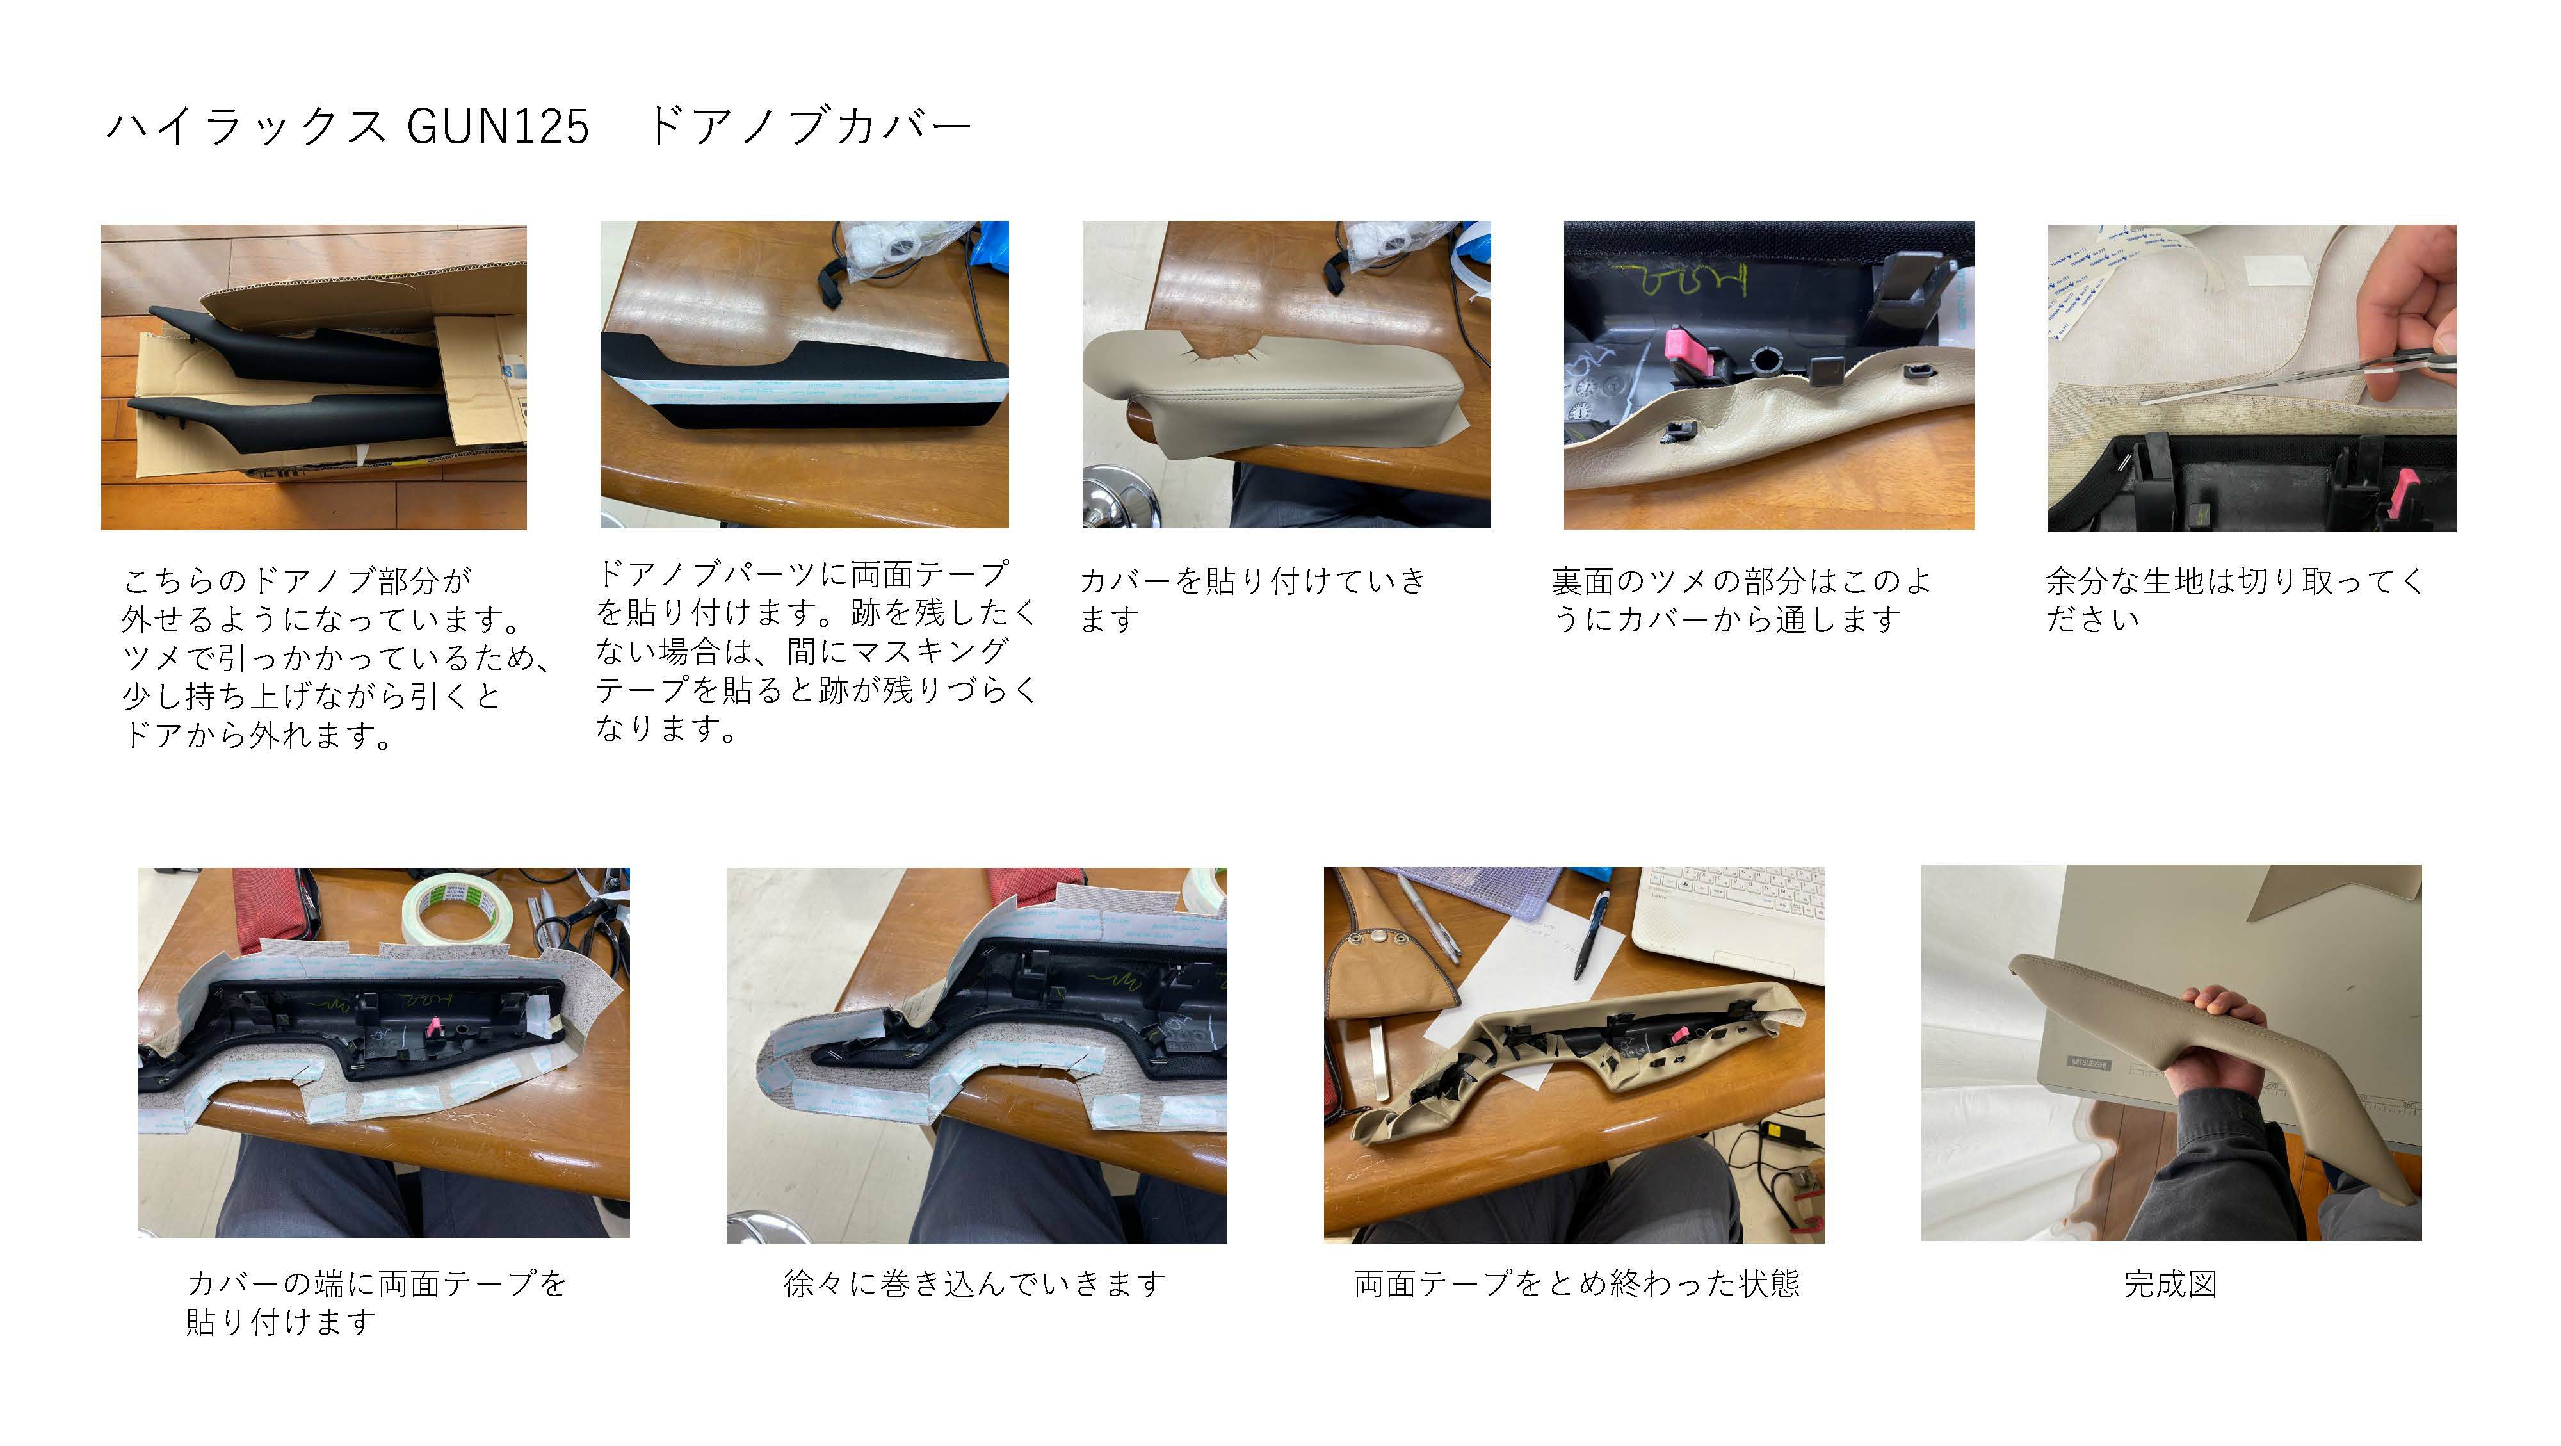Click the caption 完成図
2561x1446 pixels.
2170,1284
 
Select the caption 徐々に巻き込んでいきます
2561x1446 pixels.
974,1284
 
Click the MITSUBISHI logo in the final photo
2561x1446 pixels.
2088,1062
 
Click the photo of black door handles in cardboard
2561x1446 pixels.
314,377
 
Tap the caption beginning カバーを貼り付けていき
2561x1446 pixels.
1253,599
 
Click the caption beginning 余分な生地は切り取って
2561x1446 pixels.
2235,599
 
